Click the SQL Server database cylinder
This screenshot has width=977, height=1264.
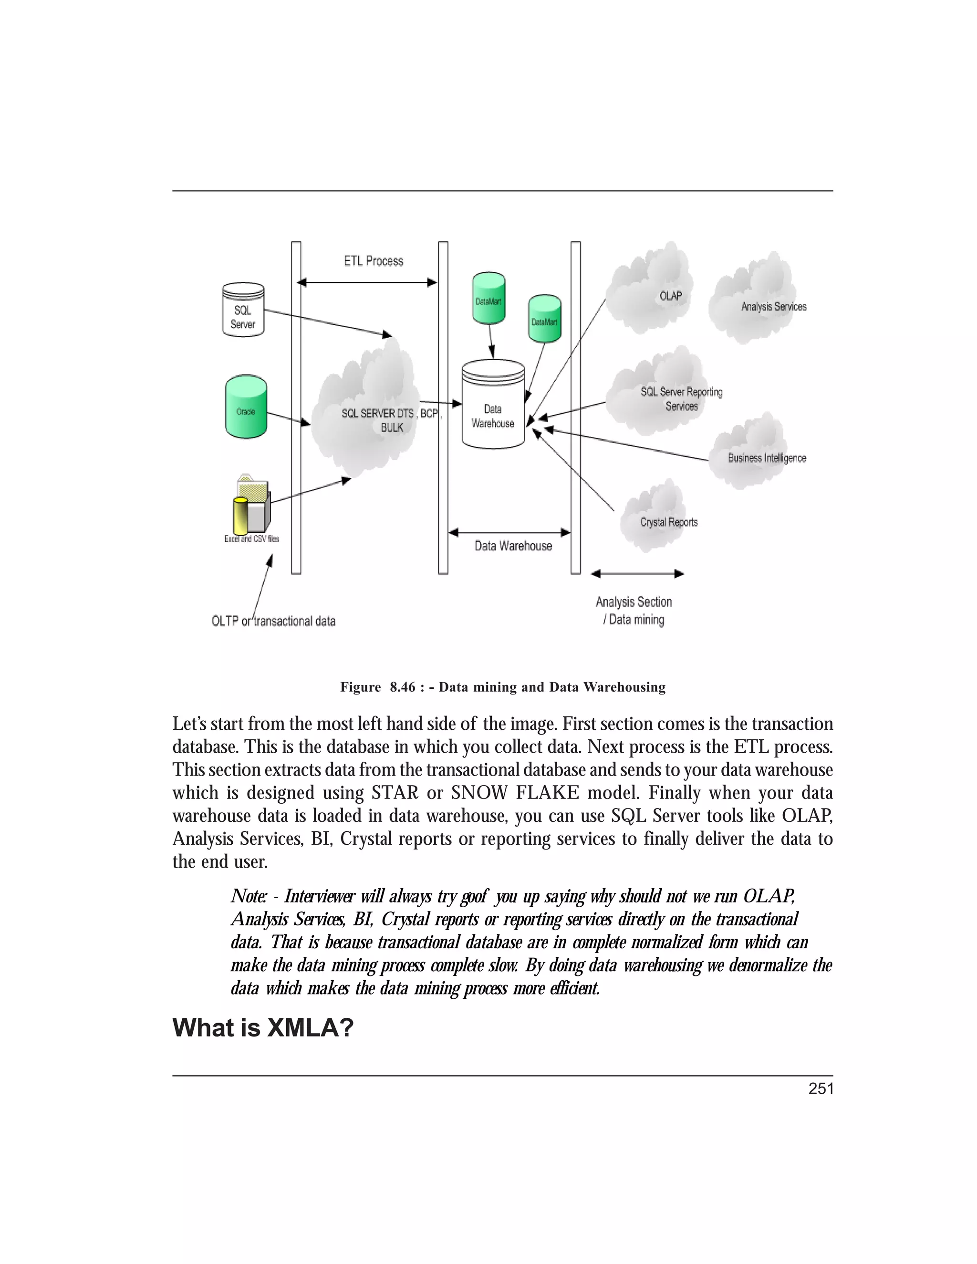[243, 310]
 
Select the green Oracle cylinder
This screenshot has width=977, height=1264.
[246, 406]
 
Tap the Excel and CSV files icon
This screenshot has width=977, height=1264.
[252, 505]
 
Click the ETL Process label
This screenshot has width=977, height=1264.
[374, 261]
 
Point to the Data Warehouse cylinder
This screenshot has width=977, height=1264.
[493, 405]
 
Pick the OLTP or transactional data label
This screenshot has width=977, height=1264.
[273, 621]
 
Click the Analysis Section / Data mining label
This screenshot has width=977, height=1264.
[634, 611]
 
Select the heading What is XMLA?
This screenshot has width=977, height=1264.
[263, 1028]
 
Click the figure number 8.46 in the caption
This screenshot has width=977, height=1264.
[402, 687]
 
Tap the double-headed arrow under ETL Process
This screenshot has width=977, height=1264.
[366, 282]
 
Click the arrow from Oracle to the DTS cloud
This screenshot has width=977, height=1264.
[288, 418]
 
